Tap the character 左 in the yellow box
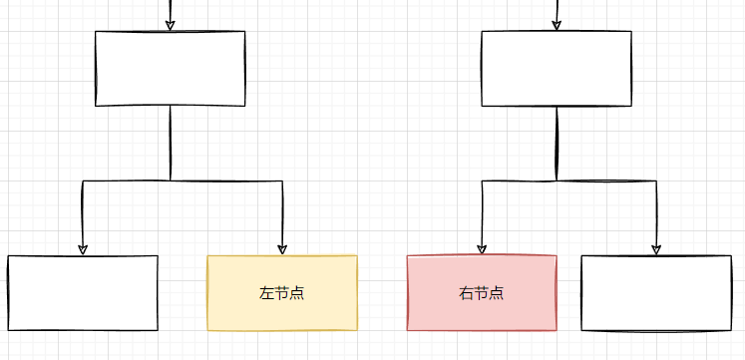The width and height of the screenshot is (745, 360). pyautogui.click(x=266, y=293)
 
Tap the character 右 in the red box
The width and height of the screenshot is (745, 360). pyautogui.click(x=466, y=293)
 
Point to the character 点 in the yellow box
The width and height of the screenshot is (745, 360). pyautogui.click(x=296, y=293)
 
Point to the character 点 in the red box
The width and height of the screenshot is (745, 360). pyautogui.click(x=496, y=293)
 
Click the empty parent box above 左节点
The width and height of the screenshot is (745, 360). pyautogui.click(x=170, y=68)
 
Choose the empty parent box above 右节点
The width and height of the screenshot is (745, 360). pyautogui.click(x=556, y=68)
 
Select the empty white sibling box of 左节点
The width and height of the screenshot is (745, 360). pyautogui.click(x=83, y=292)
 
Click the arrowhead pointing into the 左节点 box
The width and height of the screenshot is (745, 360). pyautogui.click(x=282, y=248)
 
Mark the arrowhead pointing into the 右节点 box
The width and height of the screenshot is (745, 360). pyautogui.click(x=482, y=248)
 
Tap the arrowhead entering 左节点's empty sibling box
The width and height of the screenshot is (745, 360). pyautogui.click(x=83, y=248)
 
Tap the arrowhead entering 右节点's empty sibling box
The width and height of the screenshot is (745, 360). pyautogui.click(x=656, y=248)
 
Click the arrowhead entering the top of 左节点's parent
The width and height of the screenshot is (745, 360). pyautogui.click(x=170, y=24)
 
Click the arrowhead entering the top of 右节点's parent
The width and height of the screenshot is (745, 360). pyautogui.click(x=556, y=24)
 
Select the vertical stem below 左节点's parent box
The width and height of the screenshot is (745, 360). pyautogui.click(x=170, y=143)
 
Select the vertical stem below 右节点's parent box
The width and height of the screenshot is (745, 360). pyautogui.click(x=556, y=143)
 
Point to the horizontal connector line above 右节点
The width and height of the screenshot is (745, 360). pyautogui.click(x=519, y=180)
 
